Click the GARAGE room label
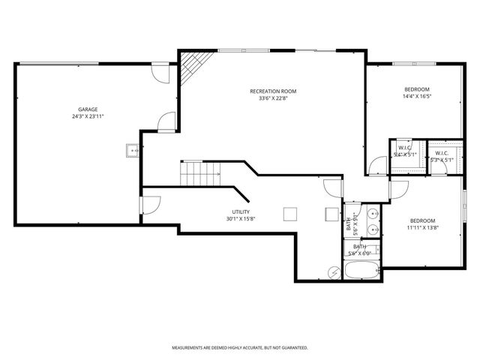(88, 109)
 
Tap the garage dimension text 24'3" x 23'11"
(88, 117)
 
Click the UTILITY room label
(241, 211)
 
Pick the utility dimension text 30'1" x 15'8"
(241, 219)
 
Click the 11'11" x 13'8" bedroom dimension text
(423, 227)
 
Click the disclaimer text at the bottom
(239, 347)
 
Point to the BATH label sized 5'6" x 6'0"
(360, 250)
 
